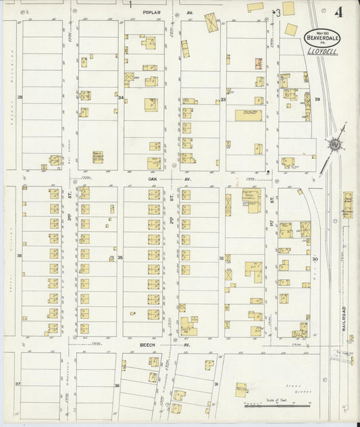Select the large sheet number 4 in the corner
coord(337,12)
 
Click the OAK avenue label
coord(152,179)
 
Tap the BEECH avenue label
coord(147,345)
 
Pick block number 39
coord(20,97)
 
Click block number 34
coord(120,97)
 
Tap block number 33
coord(222,99)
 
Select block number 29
coord(317,99)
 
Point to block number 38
coord(19,255)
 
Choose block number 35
coord(120,257)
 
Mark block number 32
coord(221,257)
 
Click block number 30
coord(315,259)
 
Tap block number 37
coord(18,384)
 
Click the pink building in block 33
coord(258,64)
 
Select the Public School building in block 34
coord(98,157)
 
